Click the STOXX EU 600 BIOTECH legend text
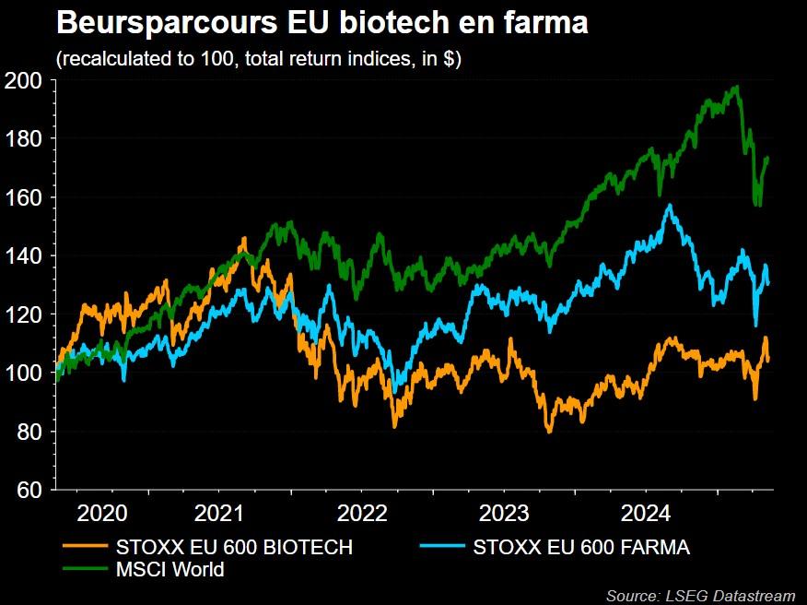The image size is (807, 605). coord(235,547)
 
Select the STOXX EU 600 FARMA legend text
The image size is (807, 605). coord(581,547)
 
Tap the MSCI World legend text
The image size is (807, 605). coord(170,569)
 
